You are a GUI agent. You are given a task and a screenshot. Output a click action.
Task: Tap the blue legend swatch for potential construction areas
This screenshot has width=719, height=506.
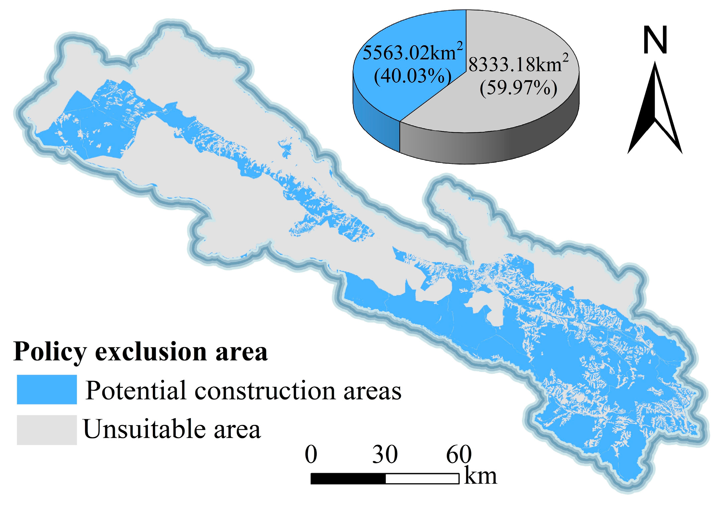coord(47,389)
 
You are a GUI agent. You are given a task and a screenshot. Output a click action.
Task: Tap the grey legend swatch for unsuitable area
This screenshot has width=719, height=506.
coord(47,430)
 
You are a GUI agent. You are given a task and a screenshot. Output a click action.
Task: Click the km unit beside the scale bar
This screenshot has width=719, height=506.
coord(480,476)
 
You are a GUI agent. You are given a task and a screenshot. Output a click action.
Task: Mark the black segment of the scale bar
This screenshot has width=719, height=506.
coord(348,479)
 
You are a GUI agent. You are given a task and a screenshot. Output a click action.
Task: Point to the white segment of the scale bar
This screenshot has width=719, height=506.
coord(422,479)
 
